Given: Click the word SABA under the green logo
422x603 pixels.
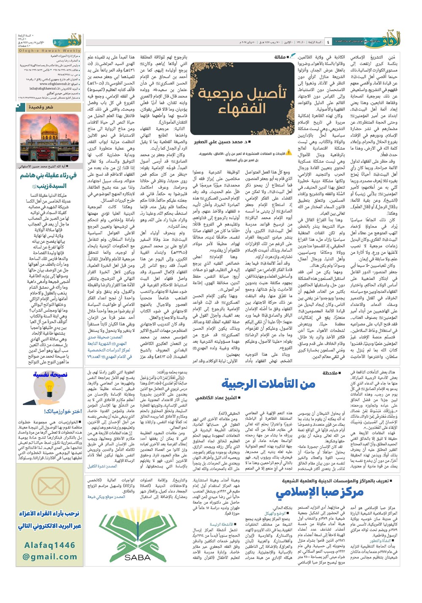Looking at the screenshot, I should (x=138, y=557).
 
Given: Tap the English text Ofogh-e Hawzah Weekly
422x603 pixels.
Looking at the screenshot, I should (x=49, y=51).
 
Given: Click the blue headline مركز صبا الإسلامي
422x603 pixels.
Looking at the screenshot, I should (x=319, y=492).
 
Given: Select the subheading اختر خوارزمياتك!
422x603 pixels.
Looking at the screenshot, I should (x=62, y=411).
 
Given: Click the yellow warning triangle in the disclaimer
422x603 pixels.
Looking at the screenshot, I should (x=289, y=152).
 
